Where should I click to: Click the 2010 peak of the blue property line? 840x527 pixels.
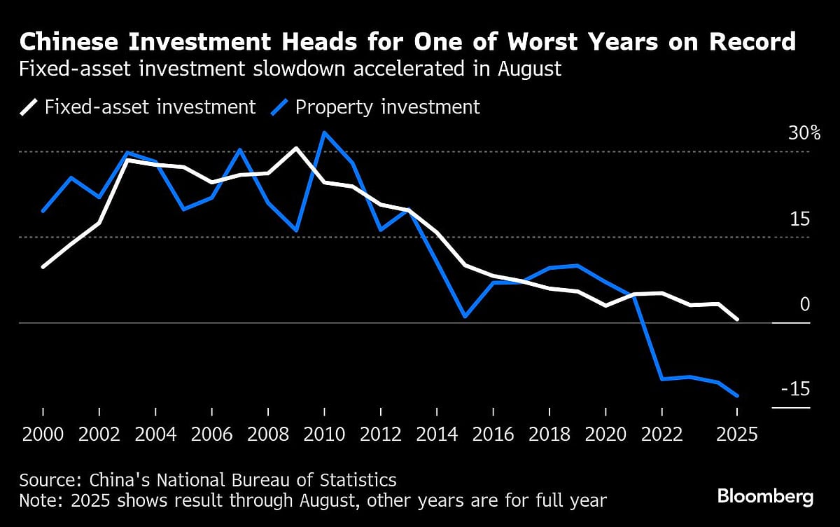point(324,132)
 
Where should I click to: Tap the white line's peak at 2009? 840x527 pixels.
point(296,148)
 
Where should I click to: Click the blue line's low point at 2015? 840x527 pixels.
point(465,317)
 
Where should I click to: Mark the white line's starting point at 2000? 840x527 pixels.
point(43,267)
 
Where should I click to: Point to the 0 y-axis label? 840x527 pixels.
point(805,304)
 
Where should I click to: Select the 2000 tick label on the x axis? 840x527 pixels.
point(43,434)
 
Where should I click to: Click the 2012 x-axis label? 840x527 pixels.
point(381,434)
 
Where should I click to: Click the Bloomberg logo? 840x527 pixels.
point(765,497)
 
